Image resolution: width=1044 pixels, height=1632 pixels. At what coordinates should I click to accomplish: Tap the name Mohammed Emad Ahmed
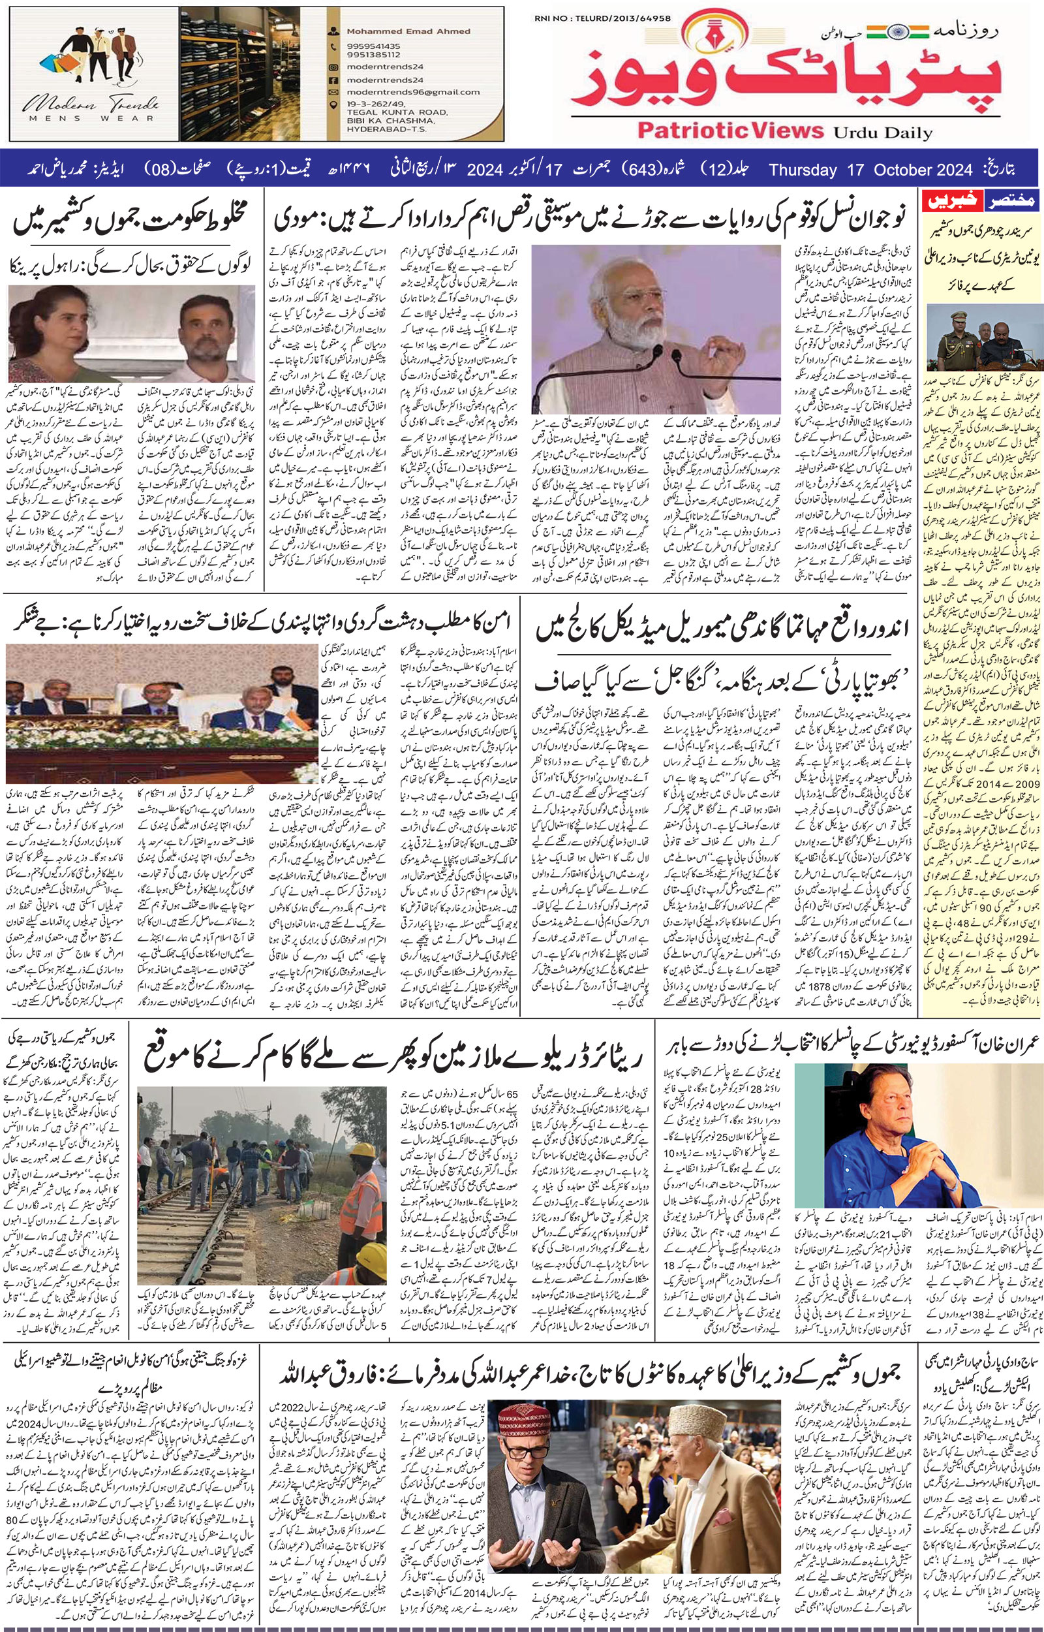coord(398,31)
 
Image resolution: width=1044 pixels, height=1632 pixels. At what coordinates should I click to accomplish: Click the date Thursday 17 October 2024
coord(871,169)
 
